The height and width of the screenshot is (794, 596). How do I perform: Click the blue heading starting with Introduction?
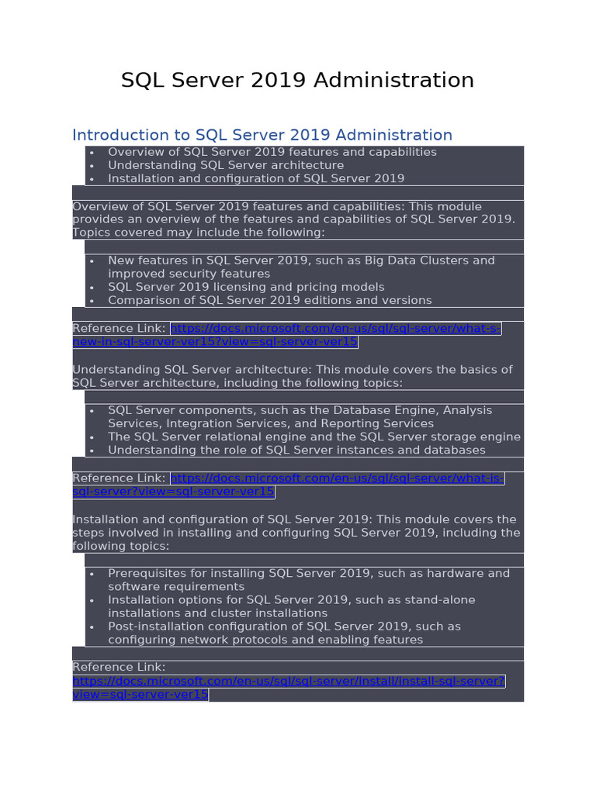[262, 135]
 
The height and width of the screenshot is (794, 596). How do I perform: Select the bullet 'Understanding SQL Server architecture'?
[225, 165]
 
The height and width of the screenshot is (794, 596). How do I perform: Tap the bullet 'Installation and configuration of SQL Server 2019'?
[255, 178]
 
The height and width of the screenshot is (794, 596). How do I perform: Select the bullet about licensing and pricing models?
[245, 287]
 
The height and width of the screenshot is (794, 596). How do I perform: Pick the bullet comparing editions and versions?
[269, 300]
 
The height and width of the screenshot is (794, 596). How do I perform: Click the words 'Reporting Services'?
[383, 423]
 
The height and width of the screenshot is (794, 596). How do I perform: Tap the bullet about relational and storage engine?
[314, 437]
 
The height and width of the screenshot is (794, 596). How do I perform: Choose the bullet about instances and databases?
[296, 450]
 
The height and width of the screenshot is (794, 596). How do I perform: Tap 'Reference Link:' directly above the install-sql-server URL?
[119, 667]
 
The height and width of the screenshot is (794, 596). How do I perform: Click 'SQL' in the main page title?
[138, 81]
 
